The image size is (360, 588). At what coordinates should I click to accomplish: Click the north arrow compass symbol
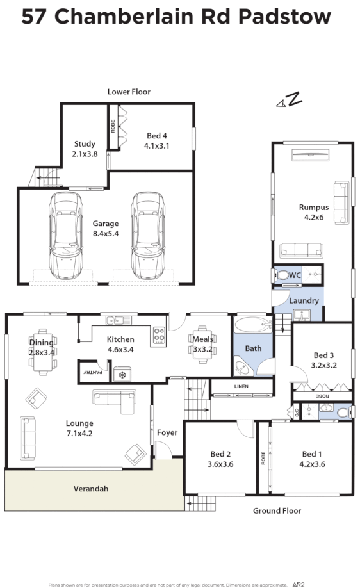(289, 99)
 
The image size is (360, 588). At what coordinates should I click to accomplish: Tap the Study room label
(85, 144)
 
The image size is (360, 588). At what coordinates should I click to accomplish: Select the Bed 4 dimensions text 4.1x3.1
(157, 145)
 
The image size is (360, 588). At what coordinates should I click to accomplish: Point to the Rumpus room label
(314, 207)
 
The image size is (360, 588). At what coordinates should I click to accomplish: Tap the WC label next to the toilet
(295, 275)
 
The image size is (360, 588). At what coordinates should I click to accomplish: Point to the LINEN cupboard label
(241, 386)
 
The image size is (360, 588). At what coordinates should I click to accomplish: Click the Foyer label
(167, 433)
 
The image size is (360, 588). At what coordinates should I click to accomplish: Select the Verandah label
(90, 489)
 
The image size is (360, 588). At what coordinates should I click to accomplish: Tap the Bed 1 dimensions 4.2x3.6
(313, 464)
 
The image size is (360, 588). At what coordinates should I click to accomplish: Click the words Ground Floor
(276, 510)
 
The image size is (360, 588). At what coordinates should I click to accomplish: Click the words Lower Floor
(129, 92)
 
